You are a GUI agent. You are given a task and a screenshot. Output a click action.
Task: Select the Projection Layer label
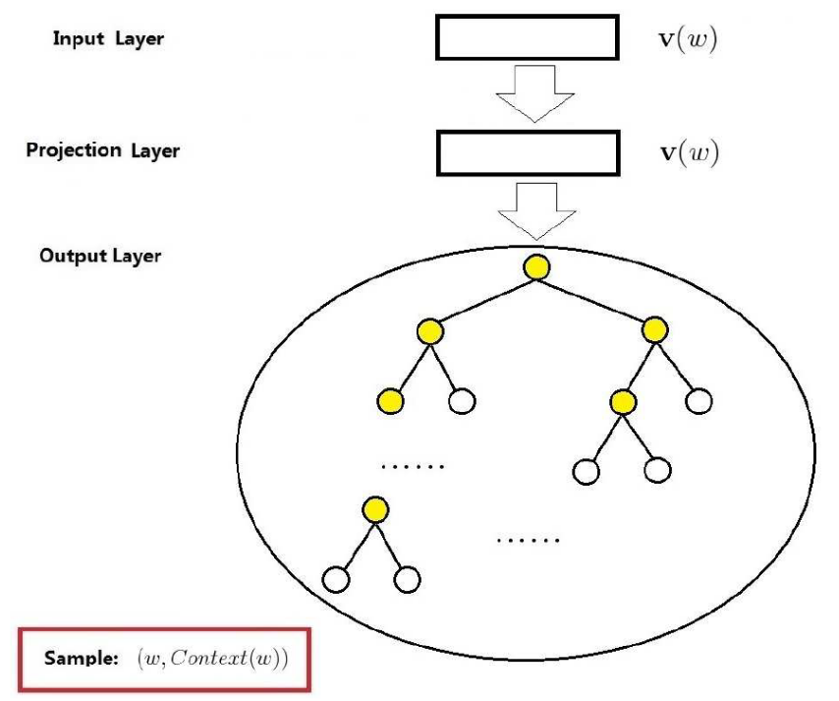coord(103,151)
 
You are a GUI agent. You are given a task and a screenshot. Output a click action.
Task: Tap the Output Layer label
coord(100,257)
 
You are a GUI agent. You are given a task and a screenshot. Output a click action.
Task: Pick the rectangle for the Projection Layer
coord(527,153)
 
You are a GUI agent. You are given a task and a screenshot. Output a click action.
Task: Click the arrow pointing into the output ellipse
coord(534,210)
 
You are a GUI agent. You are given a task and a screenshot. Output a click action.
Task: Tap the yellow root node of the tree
coord(536,267)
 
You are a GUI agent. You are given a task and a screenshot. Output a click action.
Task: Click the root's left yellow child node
coord(428,332)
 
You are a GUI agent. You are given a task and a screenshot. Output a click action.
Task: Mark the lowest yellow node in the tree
coord(373,510)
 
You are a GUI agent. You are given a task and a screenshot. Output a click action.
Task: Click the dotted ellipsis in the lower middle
coord(528,540)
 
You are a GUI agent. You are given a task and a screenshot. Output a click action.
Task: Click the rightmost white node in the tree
coord(699,401)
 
